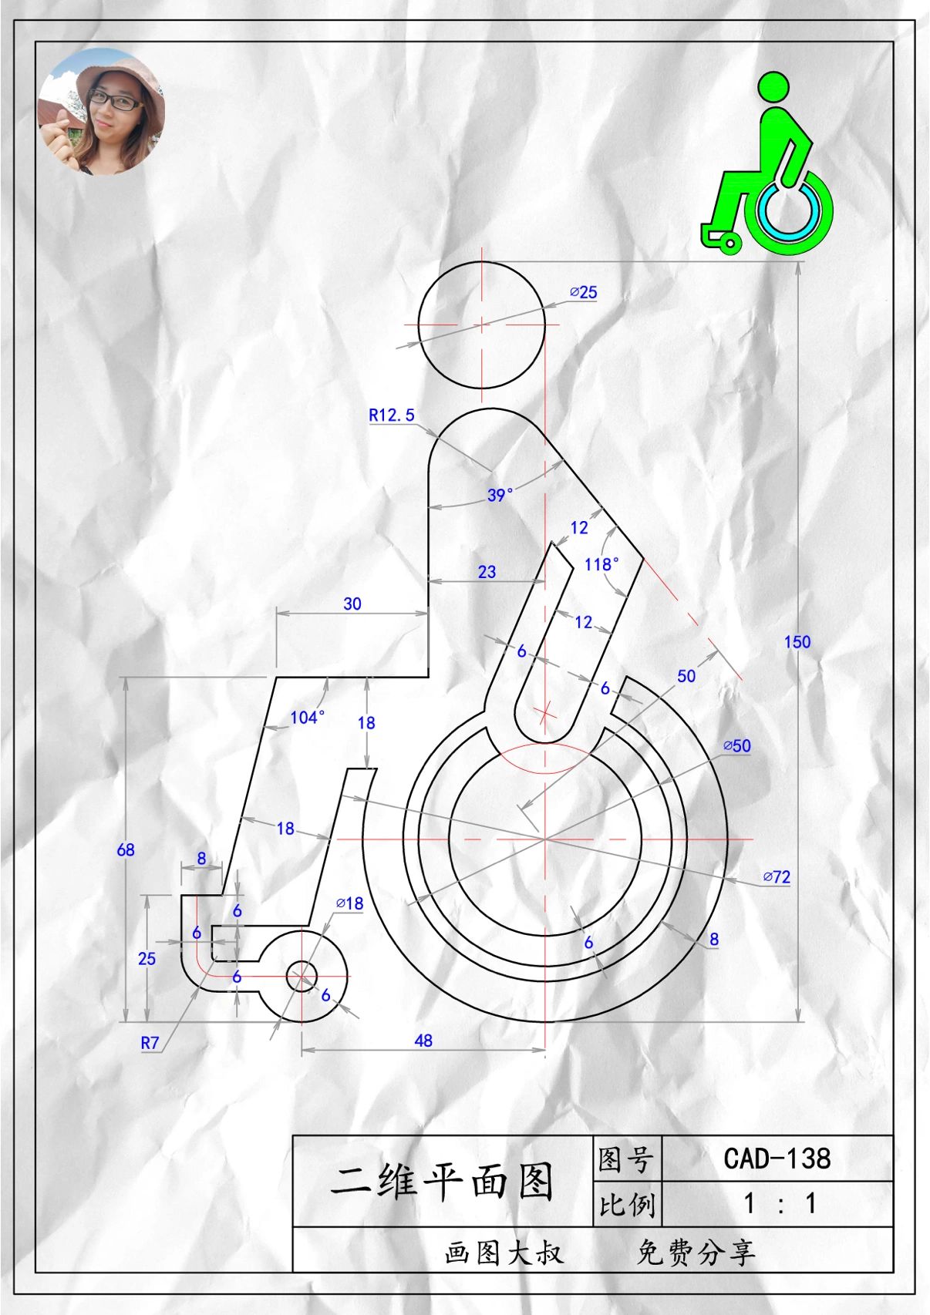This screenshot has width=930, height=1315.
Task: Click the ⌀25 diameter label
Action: [584, 292]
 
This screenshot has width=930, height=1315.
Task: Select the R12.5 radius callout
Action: [391, 415]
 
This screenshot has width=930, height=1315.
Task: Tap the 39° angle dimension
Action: [500, 495]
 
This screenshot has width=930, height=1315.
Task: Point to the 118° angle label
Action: [601, 564]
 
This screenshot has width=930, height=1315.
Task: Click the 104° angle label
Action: [307, 718]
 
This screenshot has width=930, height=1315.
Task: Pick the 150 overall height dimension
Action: [797, 641]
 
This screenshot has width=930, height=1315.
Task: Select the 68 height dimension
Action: [126, 849]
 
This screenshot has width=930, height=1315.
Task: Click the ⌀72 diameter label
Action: [777, 876]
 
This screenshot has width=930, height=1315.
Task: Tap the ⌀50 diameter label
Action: [736, 745]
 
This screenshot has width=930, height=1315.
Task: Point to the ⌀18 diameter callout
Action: [349, 903]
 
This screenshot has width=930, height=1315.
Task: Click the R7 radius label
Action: [150, 1043]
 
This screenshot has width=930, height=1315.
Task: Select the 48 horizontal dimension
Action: [423, 1040]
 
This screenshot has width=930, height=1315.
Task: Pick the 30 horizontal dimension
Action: [352, 604]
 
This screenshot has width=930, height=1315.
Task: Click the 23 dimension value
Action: [487, 571]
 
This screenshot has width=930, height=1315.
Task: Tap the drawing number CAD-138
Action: [777, 1158]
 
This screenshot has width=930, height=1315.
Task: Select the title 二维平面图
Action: [443, 1181]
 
